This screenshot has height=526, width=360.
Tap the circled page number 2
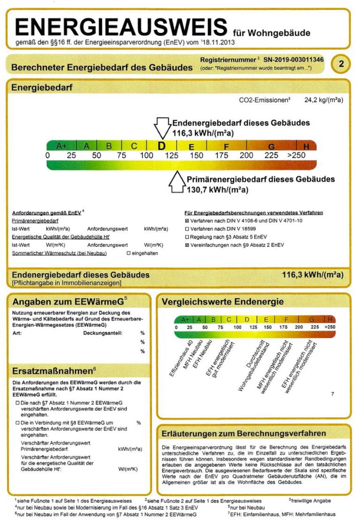click(341, 63)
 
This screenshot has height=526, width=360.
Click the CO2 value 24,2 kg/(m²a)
click(324, 100)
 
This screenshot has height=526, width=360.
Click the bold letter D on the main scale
click(162, 146)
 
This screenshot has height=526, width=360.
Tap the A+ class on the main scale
click(61, 146)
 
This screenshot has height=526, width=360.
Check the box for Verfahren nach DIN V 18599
click(187, 229)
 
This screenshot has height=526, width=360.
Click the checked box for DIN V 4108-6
click(187, 221)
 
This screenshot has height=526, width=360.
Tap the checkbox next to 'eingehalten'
click(129, 253)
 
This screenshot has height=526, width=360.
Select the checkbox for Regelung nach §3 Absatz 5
click(187, 237)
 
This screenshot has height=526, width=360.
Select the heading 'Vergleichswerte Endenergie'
click(222, 302)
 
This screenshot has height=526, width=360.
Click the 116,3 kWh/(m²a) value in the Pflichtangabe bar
click(313, 275)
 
